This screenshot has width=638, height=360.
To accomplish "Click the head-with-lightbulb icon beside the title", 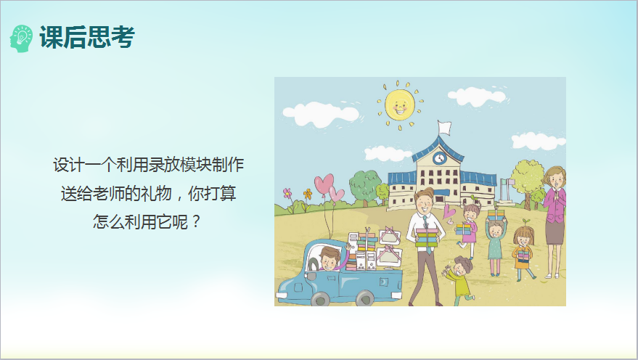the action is [21, 38].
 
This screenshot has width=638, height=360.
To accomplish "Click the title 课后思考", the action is [87, 38].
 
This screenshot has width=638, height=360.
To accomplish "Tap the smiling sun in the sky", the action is [399, 105].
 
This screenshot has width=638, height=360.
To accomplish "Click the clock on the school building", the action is [439, 157].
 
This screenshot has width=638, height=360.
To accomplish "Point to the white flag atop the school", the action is [444, 127].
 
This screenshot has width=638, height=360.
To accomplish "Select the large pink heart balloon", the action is [324, 184].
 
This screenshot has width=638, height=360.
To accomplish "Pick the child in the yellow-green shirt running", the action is [459, 281].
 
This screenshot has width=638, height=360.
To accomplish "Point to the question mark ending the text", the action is [196, 222].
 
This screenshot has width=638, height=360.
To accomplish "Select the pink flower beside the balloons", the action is [287, 193].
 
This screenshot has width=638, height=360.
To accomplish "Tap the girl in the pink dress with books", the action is [469, 230].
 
